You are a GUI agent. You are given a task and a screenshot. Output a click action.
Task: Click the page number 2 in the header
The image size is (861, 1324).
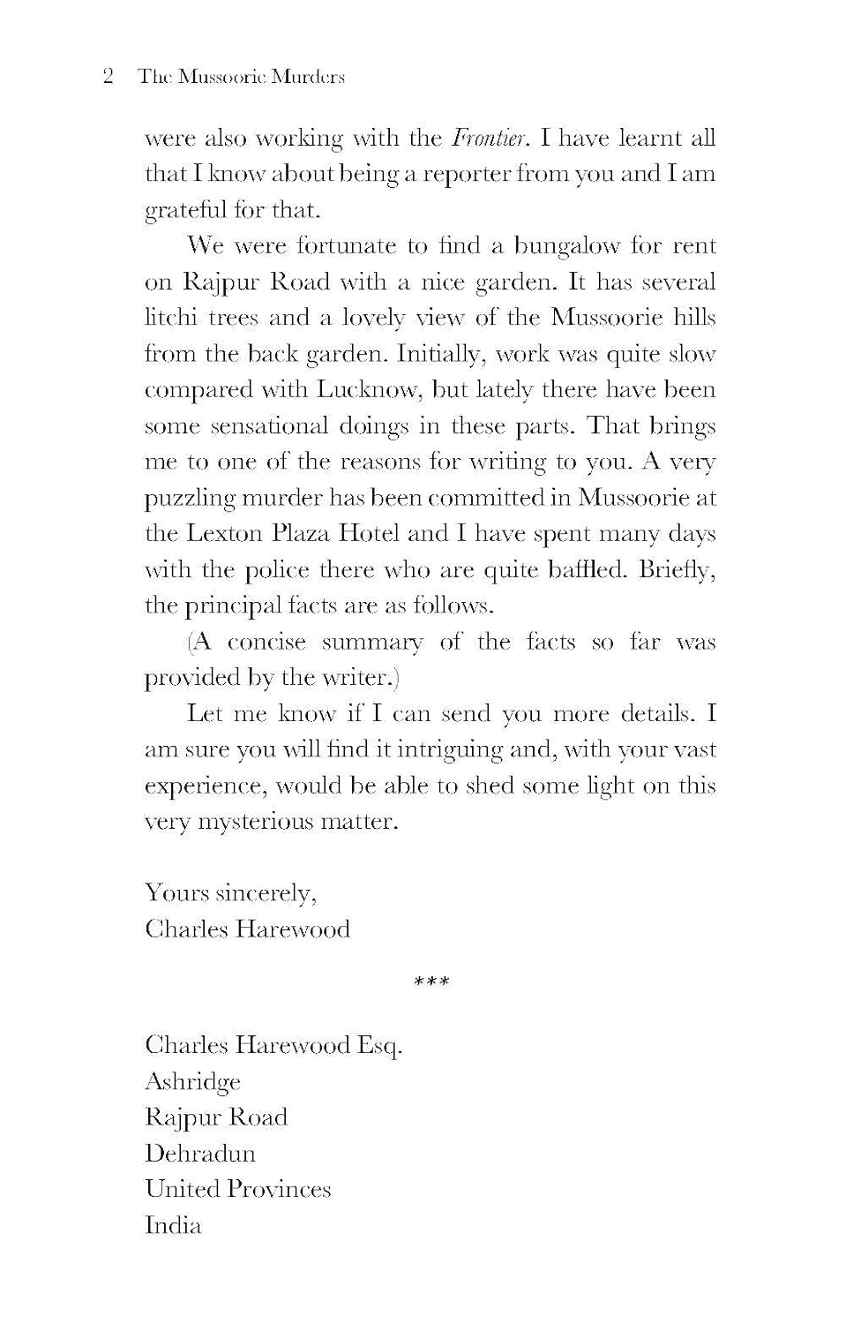coord(108,77)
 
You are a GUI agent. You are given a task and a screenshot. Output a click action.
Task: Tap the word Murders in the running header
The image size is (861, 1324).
coord(307,77)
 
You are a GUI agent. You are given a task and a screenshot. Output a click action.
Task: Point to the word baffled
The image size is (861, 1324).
coord(585,570)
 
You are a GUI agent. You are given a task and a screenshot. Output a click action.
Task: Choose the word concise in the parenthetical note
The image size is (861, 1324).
coord(266,643)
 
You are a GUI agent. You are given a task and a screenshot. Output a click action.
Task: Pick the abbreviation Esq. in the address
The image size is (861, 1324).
coord(379,1046)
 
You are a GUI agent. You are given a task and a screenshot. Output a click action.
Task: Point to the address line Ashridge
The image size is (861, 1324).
coord(192,1082)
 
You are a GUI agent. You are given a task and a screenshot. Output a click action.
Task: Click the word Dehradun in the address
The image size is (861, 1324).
coord(200,1154)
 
